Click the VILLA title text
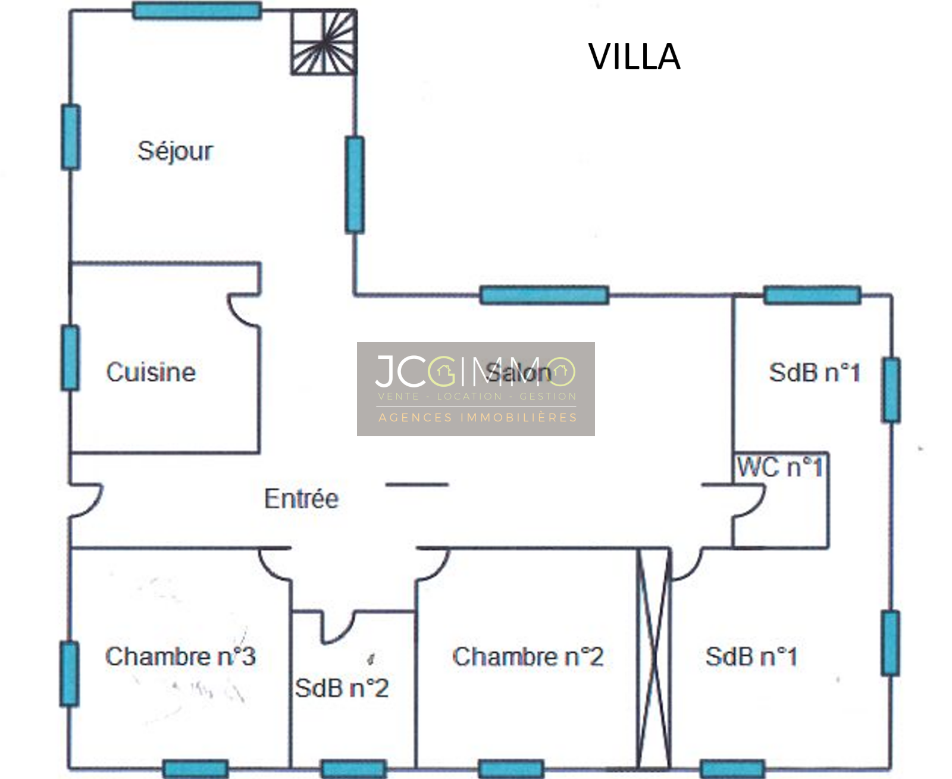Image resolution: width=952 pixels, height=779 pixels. [x=634, y=57]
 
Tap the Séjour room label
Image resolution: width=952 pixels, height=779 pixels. [x=175, y=151]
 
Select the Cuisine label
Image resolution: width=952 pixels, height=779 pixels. [x=151, y=373]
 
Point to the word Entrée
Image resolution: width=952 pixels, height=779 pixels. [x=301, y=499]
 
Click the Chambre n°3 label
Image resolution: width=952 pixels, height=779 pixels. [x=180, y=657]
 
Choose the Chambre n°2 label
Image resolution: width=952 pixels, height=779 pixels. [x=528, y=657]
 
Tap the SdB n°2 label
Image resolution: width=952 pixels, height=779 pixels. [x=342, y=689]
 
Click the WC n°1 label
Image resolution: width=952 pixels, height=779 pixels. [x=780, y=467]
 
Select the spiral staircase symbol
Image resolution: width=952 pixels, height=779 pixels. [x=323, y=43]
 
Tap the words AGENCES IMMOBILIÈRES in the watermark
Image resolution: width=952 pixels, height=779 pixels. [x=478, y=418]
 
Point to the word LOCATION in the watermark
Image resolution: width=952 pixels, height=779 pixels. [x=469, y=396]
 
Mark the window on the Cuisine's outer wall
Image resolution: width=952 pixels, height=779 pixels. [x=70, y=358]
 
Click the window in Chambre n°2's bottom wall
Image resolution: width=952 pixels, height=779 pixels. [x=511, y=768]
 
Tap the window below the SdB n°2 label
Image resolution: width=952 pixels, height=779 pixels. [x=353, y=768]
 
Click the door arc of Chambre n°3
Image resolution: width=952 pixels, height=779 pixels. [x=273, y=565]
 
